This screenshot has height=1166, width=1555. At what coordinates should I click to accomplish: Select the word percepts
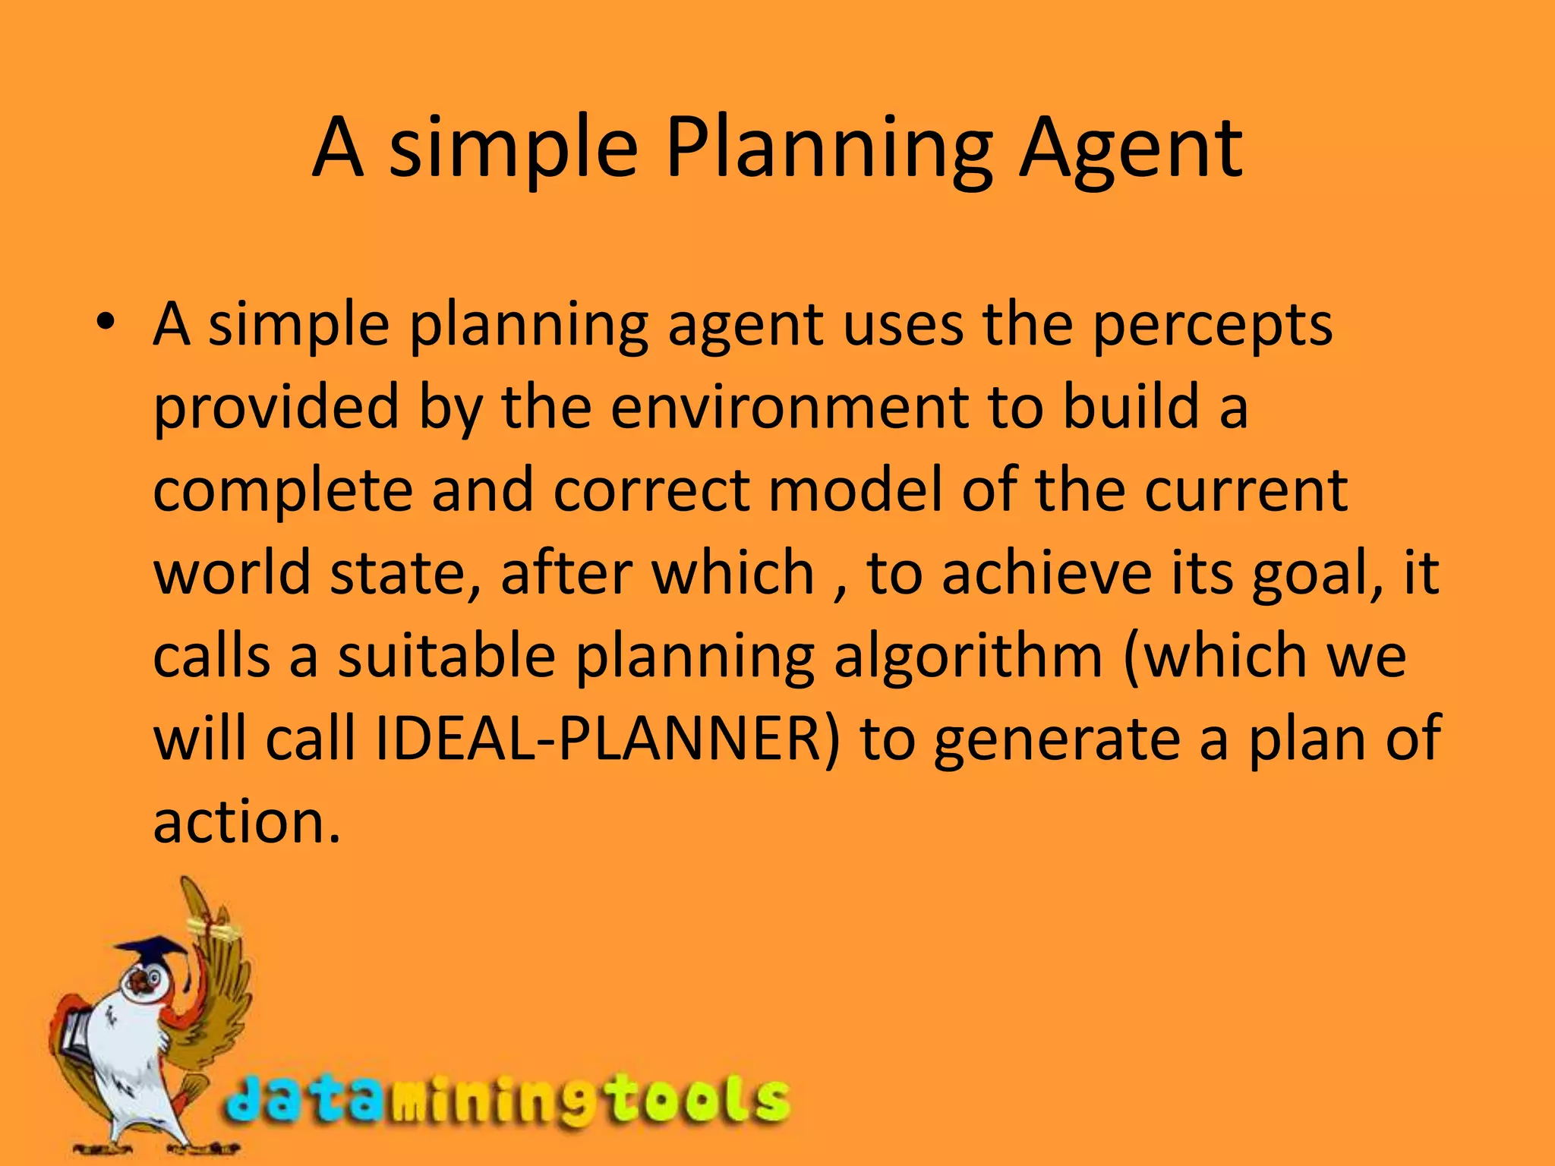coord(1212,326)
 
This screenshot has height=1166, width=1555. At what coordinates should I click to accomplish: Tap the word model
coord(856,490)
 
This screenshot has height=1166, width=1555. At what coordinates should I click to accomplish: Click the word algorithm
coord(968,657)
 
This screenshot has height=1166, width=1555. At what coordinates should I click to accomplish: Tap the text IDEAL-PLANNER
coord(607,738)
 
